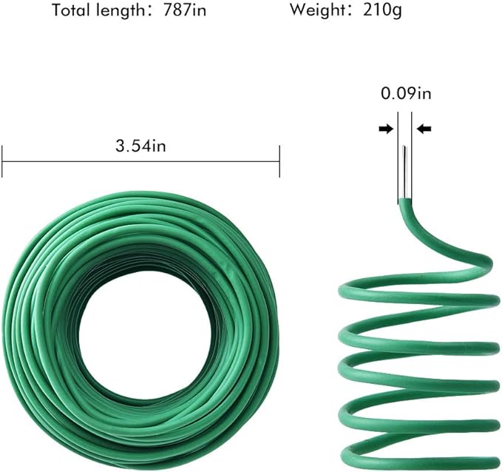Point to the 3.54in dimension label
point(140,146)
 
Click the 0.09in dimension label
point(406,94)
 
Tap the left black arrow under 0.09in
point(385,129)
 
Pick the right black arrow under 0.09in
point(424,129)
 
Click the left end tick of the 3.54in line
point(3,161)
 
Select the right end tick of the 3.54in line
point(279,161)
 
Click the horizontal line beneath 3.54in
point(140,161)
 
